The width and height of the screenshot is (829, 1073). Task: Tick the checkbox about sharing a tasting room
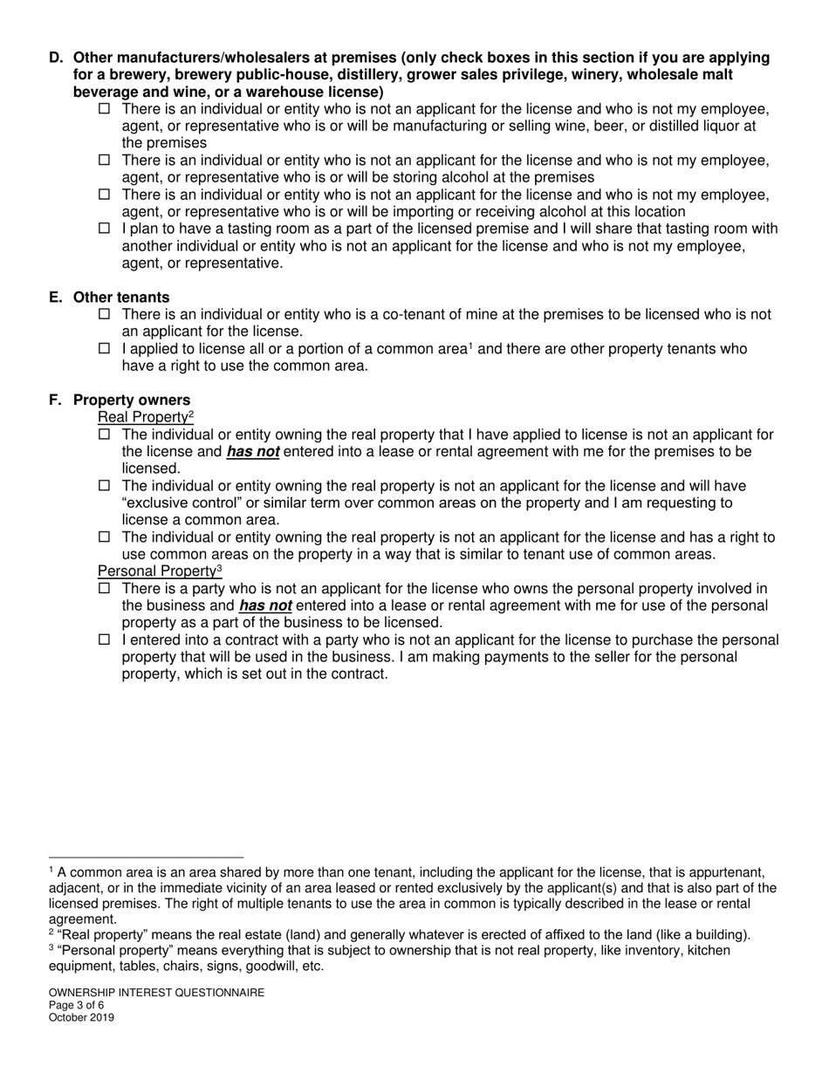[x=105, y=229]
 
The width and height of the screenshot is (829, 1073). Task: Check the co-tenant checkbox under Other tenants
[x=105, y=314]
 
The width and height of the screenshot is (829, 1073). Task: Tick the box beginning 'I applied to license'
[x=105, y=349]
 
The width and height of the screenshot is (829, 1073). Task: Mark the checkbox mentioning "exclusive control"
[x=105, y=486]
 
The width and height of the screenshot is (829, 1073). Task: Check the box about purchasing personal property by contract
[x=105, y=640]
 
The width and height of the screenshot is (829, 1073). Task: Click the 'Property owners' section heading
[x=132, y=400]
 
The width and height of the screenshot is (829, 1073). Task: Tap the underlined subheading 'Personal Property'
[x=157, y=571]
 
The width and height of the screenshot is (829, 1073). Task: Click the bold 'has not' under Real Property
[x=253, y=452]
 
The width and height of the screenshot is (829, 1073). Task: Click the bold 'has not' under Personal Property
[x=265, y=605]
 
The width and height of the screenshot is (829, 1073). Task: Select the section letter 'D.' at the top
[x=57, y=58]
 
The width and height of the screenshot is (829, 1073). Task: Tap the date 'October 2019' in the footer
[x=81, y=1017]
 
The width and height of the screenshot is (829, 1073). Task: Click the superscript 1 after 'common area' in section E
[x=470, y=345]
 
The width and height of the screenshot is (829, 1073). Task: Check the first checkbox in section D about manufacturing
[x=105, y=109]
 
